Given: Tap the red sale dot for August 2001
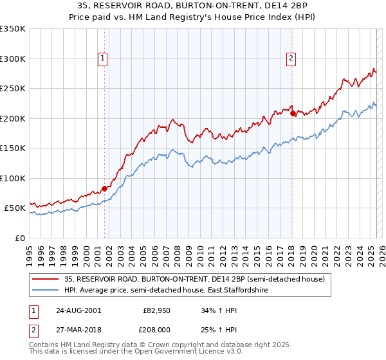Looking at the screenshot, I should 104,188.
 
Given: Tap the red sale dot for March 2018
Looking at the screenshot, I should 293,113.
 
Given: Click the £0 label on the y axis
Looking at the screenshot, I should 20,238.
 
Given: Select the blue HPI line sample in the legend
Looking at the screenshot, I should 45,290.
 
